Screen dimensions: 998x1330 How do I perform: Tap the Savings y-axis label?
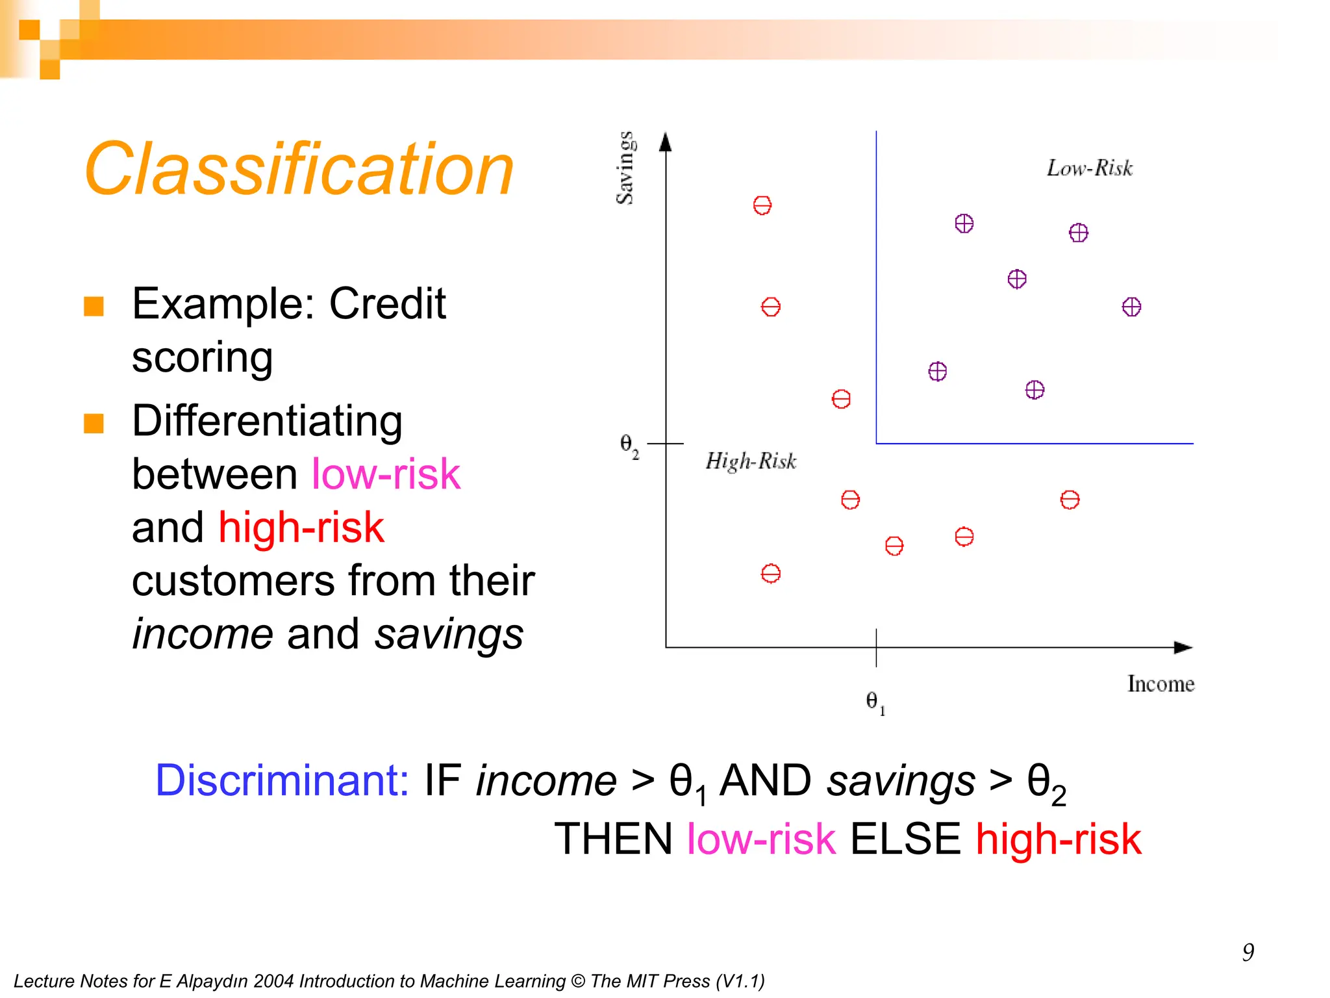(x=625, y=168)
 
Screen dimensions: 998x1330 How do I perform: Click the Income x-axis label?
(x=1161, y=684)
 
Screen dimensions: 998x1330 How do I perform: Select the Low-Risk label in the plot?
(x=1089, y=168)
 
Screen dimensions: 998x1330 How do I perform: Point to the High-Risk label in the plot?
(x=751, y=461)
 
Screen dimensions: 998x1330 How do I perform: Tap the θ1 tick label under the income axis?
(x=875, y=702)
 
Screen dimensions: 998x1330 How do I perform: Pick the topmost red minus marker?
(x=762, y=205)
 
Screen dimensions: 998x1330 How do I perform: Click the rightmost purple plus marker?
(x=1131, y=307)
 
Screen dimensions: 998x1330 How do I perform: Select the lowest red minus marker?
(x=770, y=574)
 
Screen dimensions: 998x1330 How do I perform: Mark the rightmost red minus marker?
(x=1070, y=500)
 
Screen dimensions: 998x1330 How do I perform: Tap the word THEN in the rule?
(x=613, y=839)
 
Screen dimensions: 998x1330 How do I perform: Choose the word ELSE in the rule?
(x=905, y=839)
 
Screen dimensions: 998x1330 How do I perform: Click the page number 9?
(x=1248, y=953)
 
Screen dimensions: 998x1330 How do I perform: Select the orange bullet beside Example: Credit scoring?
(x=94, y=306)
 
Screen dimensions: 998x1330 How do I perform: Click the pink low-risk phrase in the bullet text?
(x=386, y=474)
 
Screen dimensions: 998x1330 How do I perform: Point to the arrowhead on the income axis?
(x=1183, y=647)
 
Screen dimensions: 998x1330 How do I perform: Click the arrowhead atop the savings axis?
(x=665, y=142)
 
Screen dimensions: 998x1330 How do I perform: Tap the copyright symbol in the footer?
(x=577, y=981)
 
